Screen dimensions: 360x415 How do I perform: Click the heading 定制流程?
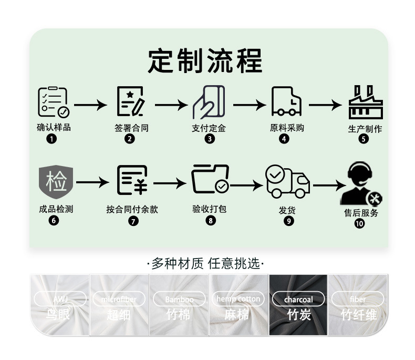205,61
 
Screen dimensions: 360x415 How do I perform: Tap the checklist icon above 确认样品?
53,102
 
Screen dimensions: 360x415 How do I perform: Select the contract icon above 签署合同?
130,102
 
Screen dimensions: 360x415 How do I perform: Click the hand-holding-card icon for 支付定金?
209,102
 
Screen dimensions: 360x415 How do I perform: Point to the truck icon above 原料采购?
286,101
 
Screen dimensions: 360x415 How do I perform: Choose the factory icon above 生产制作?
366,102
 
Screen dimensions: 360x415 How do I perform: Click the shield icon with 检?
56,181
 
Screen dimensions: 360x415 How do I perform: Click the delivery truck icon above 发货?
287,181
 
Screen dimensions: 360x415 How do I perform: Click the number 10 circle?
359,223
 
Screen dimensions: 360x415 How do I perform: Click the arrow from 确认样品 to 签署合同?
90,105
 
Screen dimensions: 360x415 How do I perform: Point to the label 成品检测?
56,209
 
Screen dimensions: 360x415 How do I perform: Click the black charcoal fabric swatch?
298,304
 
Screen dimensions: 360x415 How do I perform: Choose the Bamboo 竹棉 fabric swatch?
179,304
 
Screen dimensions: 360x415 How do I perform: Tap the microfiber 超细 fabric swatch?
119,304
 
